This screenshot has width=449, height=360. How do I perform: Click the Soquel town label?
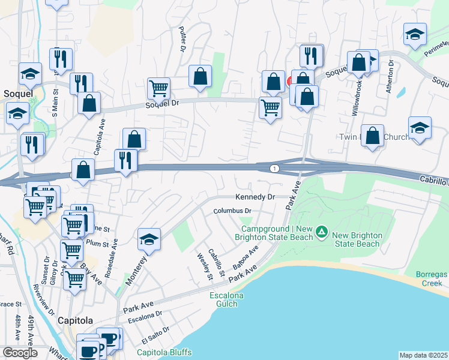(14, 94)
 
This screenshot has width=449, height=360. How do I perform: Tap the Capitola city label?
(74, 320)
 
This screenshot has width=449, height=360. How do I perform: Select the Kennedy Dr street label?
(255, 197)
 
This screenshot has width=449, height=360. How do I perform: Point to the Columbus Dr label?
(232, 211)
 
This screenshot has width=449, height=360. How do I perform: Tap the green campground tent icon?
(322, 231)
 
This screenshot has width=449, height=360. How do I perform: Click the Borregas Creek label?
(432, 278)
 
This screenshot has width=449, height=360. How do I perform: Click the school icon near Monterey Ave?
(149, 239)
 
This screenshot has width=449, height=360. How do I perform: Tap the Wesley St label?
(204, 266)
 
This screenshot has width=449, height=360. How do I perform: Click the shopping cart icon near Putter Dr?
(159, 88)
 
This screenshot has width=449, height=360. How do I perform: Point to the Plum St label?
(97, 244)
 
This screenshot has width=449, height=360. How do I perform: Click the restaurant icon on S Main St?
(61, 58)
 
